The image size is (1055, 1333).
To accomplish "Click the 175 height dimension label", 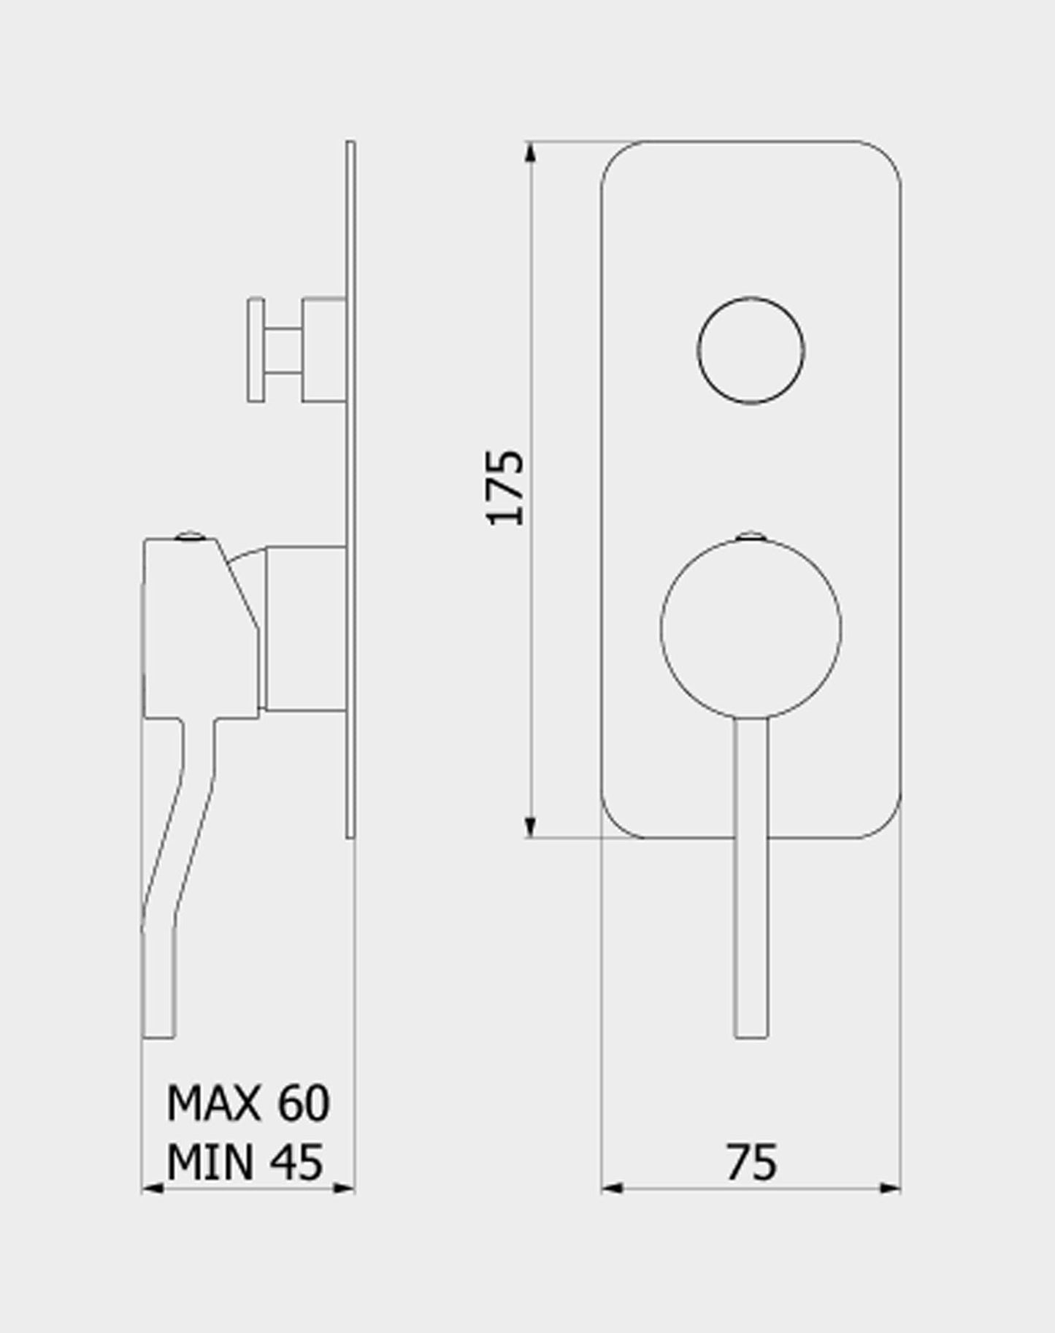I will click(505, 488).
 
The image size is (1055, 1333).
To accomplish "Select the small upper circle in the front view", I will click(751, 350).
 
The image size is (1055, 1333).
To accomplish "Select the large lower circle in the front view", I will click(751, 629).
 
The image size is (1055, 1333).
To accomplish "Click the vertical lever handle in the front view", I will click(751, 876).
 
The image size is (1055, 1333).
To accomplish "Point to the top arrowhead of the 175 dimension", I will click(531, 152).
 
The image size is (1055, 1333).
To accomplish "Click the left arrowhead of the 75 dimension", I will click(612, 1188).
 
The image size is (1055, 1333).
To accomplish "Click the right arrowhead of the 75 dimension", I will click(890, 1188).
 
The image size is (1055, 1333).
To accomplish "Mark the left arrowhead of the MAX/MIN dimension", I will click(152, 1188).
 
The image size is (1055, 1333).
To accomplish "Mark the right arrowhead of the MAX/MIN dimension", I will click(344, 1188).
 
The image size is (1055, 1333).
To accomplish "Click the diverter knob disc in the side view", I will click(256, 350).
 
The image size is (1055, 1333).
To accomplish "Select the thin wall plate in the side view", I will click(350, 489).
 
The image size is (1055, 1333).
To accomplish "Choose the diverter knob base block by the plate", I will click(323, 350).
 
